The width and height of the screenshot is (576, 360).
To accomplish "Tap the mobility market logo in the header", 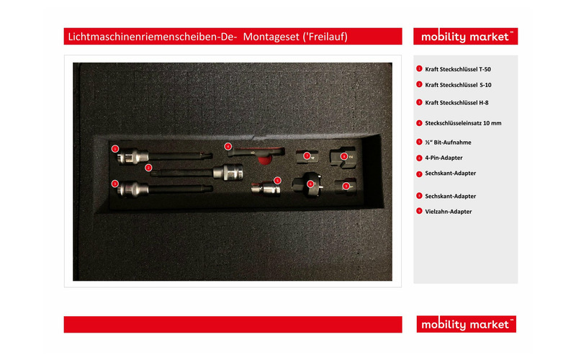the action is pos(465,37).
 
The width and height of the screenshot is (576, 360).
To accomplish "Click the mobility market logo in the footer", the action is pos(466,324).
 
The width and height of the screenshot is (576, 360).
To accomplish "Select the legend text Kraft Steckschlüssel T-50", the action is pos(458,69).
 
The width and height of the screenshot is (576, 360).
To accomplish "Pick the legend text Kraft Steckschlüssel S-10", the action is pos(458,85).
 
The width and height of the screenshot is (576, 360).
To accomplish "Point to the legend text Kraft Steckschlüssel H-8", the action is pos(456,103).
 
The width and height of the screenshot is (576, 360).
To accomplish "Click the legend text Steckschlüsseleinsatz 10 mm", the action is pos(463,123).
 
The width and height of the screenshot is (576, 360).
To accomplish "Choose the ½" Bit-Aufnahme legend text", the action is pos(448,142).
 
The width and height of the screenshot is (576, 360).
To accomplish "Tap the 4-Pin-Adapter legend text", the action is pos(444,158).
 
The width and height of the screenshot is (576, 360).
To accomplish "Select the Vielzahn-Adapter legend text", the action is pos(448,212).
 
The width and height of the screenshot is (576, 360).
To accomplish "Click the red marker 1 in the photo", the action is pos(115,149).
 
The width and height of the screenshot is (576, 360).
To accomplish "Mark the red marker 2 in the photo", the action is pos(148,168).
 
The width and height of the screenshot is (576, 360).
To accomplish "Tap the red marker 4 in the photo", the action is pos(228,147).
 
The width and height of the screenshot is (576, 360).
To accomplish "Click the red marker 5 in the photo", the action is pos(277,181).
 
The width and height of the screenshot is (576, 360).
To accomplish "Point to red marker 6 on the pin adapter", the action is pos(310,184).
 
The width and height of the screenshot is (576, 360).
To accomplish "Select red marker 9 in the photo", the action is pos(346,186).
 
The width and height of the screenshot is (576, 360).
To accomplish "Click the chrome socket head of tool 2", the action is pos(228,172).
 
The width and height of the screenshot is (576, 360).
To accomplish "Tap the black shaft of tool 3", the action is pos(181,189).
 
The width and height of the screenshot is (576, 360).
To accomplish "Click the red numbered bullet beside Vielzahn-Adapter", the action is pos(419,211).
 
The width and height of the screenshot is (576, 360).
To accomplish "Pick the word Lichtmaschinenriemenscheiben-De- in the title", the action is pos(153,37).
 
